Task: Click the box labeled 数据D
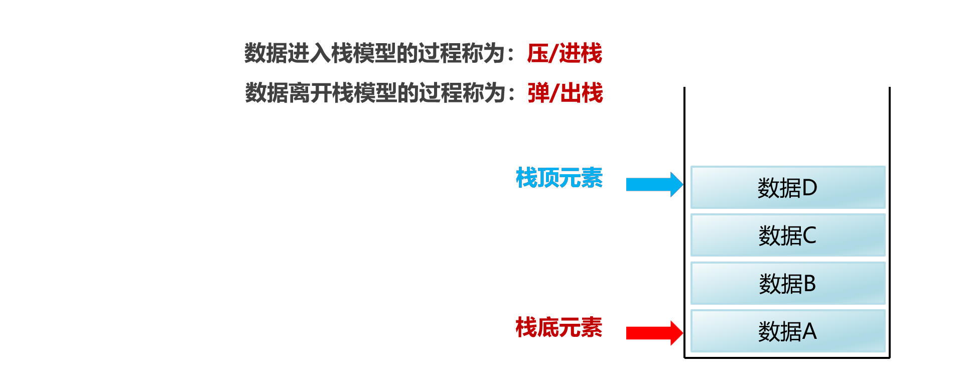pos(788,187)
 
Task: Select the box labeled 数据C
pos(788,235)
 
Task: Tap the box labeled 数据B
pos(788,283)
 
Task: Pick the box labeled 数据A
pos(788,331)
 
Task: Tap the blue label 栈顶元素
pos(559,178)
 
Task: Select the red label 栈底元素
pos(559,327)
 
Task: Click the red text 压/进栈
pos(565,53)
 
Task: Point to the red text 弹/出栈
pos(565,93)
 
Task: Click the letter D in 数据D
pos(809,188)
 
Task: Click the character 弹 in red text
pos(538,93)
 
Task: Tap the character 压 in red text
pos(537,53)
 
